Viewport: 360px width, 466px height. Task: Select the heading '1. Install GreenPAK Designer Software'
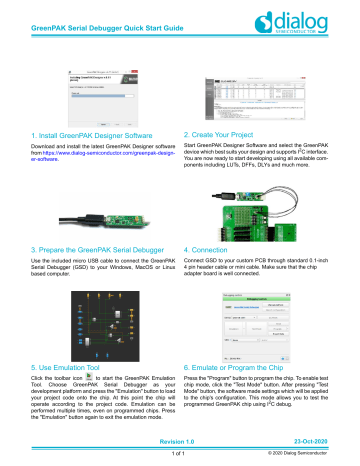(83, 135)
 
